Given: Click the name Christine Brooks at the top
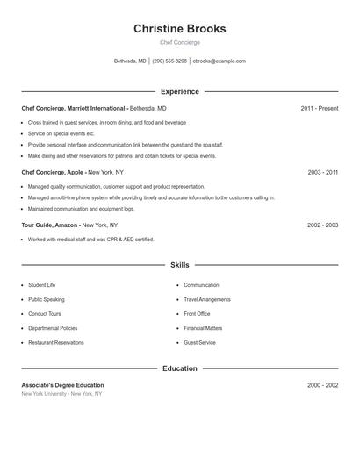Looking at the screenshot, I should pyautogui.click(x=179, y=29).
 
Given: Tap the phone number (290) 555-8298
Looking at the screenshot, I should pyautogui.click(x=169, y=61).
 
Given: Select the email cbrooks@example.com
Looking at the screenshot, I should pyautogui.click(x=220, y=61).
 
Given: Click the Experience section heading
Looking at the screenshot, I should pyautogui.click(x=179, y=91).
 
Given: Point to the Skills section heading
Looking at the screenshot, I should pyautogui.click(x=179, y=264).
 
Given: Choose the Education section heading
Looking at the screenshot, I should pyautogui.click(x=179, y=368).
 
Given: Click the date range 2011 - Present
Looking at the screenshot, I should pyautogui.click(x=319, y=108).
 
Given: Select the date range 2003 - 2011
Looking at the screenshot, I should pyautogui.click(x=322, y=173).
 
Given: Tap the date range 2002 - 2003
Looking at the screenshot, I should pyautogui.click(x=322, y=225).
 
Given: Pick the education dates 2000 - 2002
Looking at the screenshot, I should pyautogui.click(x=322, y=385).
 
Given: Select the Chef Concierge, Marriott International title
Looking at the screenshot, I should pyautogui.click(x=74, y=108).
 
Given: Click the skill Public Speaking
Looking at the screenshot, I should pyautogui.click(x=46, y=299).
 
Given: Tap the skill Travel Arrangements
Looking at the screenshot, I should pyautogui.click(x=207, y=299).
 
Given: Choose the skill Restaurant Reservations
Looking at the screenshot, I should pyautogui.click(x=56, y=342).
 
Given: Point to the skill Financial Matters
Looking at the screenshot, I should pyautogui.click(x=203, y=328).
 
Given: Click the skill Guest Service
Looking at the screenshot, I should pyautogui.click(x=199, y=342).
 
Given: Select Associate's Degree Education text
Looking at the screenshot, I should pyautogui.click(x=62, y=385).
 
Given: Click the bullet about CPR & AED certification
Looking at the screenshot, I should pyautogui.click(x=90, y=240).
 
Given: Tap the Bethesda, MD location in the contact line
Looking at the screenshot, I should pyautogui.click(x=131, y=61).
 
